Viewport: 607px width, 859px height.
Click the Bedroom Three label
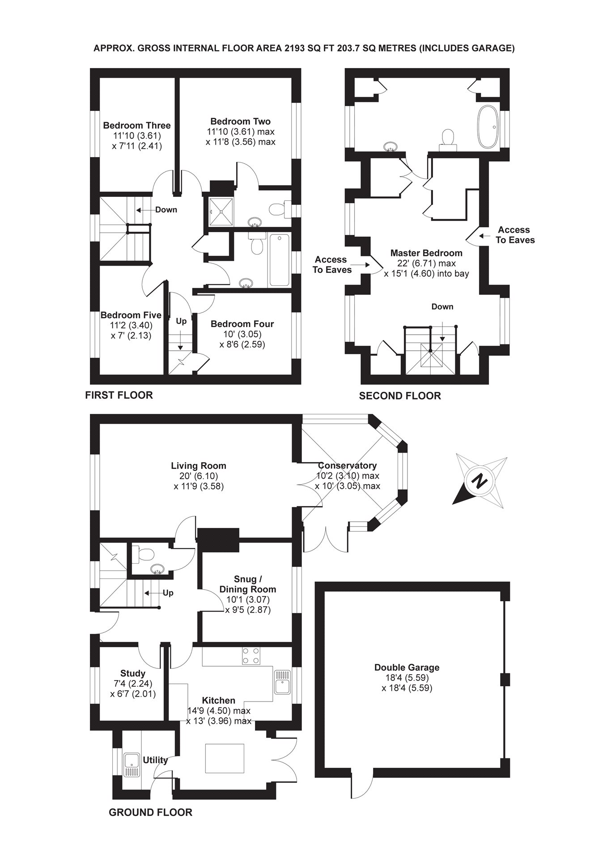136,125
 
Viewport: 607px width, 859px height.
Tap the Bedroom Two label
240,121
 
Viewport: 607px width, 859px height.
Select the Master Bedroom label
426,253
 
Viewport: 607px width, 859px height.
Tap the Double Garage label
407,668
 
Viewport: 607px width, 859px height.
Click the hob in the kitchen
251,655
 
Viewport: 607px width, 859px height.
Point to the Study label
133,673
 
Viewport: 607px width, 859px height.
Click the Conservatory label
347,466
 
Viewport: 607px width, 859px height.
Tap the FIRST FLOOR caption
119,395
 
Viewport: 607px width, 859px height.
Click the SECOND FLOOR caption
400,396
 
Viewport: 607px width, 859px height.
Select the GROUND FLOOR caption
150,812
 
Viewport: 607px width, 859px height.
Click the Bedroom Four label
242,324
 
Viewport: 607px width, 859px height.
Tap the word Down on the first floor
166,210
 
